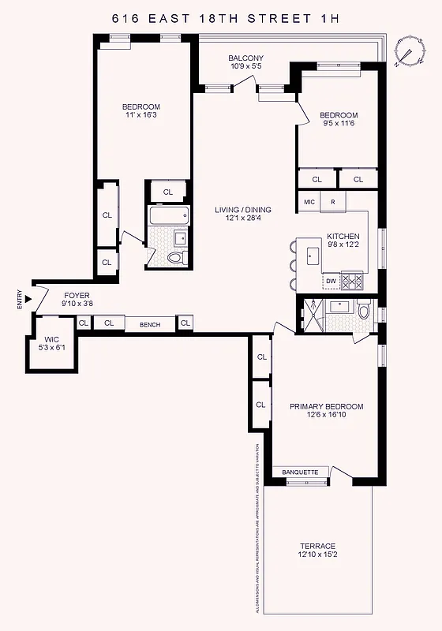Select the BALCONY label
245,58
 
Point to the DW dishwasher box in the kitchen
331,281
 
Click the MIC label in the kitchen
309,202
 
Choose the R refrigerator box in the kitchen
333,202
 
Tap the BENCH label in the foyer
150,323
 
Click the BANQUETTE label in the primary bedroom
300,472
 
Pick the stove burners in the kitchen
352,280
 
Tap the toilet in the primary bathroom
363,312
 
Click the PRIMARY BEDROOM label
326,406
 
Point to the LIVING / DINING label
243,210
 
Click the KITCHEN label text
343,237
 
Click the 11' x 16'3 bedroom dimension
140,117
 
